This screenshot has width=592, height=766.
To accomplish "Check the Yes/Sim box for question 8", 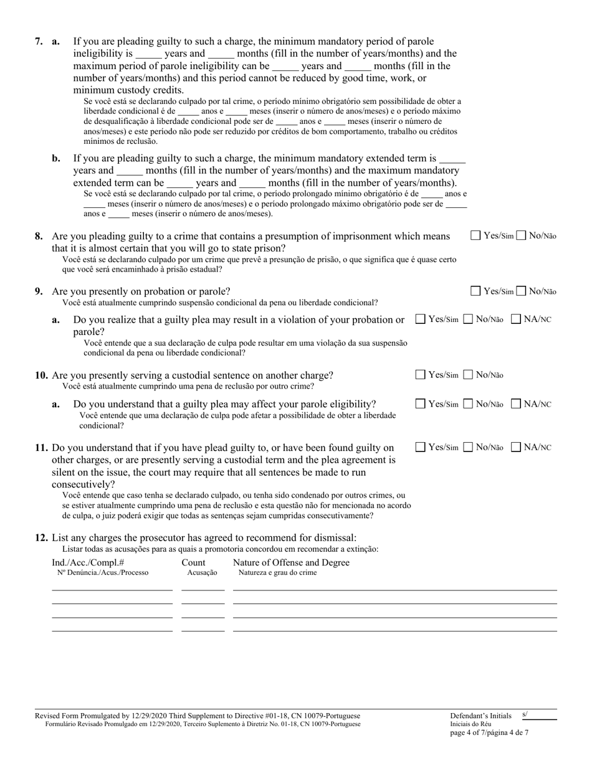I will click(475, 235).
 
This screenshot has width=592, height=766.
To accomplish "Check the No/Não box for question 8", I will click(522, 235).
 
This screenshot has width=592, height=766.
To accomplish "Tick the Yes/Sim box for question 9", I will click(475, 291).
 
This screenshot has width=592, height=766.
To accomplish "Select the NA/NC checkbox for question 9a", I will click(516, 319).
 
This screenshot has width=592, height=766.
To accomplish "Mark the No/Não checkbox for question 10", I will click(469, 375).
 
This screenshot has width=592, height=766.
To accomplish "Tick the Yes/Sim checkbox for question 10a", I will click(421, 404).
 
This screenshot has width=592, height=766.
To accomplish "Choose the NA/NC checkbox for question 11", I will click(516, 447).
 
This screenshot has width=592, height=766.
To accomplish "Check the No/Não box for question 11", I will click(469, 447).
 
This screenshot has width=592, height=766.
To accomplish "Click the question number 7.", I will click(39, 42).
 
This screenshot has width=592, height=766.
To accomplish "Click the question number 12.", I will click(42, 537).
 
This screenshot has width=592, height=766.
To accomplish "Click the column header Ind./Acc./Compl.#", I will click(88, 562).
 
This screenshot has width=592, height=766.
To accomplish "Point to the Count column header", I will click(193, 562).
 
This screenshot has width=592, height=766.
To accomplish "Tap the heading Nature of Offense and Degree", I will click(291, 562).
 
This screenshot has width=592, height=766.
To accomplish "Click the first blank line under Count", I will click(203, 589).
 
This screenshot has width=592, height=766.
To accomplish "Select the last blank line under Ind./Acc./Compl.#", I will click(112, 630).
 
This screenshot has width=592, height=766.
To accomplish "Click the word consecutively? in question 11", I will click(83, 484).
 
